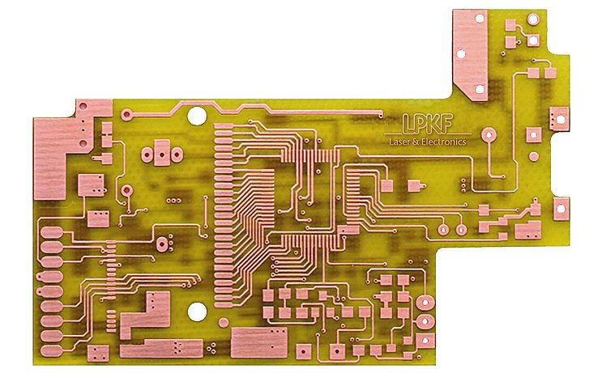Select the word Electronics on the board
[x=444, y=142]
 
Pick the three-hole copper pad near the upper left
[x=160, y=151]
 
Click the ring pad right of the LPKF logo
[x=489, y=135]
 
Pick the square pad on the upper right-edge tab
[x=559, y=118]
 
